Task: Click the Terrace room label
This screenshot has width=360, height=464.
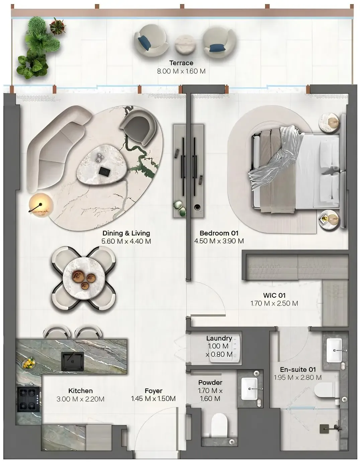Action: [x=181, y=63]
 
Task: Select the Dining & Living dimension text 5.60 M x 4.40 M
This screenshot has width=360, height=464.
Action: [x=126, y=241]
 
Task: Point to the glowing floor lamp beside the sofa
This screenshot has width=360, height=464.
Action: [x=40, y=205]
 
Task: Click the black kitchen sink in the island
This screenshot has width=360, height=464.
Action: [x=73, y=362]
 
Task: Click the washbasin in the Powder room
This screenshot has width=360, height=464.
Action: [x=249, y=389]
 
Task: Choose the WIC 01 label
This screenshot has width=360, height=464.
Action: [x=274, y=295]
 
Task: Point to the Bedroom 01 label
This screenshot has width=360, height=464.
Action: [x=219, y=233]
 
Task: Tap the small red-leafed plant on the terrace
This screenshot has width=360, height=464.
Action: [x=57, y=26]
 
